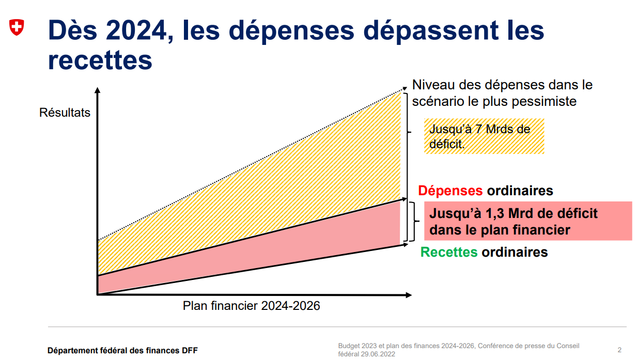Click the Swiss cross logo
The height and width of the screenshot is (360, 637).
[17, 28]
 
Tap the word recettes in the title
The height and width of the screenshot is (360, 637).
[100, 60]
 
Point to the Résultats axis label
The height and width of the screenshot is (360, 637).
[65, 113]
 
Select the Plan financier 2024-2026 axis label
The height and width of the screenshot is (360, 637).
[252, 306]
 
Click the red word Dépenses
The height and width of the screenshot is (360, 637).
[450, 191]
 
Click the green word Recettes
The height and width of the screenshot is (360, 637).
[449, 252]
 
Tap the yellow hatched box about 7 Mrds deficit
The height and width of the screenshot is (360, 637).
[484, 136]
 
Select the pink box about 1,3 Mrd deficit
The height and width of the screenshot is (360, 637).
[527, 221]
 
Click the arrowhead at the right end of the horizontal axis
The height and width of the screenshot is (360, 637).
[409, 295]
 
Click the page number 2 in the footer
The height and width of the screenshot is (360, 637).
[619, 350]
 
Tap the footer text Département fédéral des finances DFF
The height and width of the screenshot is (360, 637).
[122, 351]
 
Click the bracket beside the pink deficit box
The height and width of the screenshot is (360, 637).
[413, 222]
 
